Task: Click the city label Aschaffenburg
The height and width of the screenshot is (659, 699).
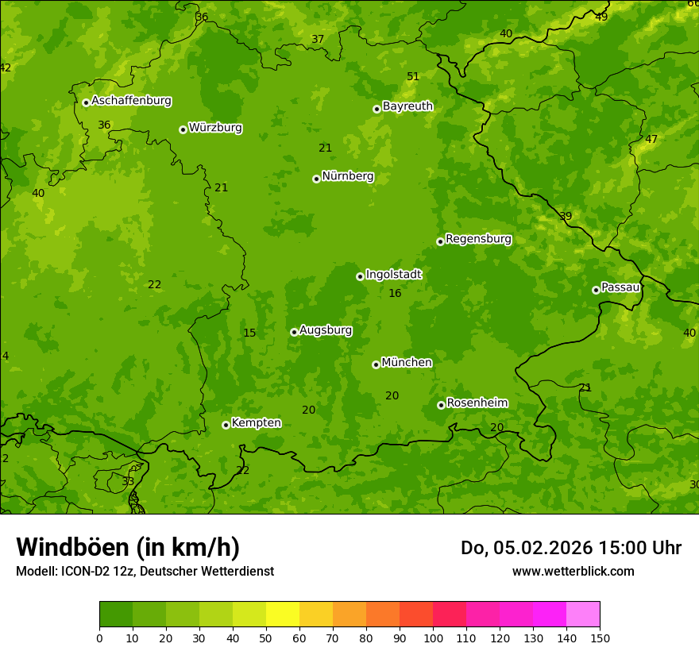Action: pos(131,101)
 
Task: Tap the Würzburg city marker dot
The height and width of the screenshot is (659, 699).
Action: pos(183,129)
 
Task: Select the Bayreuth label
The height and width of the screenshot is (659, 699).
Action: pos(407,106)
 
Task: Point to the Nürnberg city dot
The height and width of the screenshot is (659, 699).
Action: pos(316,179)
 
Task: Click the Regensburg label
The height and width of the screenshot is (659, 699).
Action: pos(478,239)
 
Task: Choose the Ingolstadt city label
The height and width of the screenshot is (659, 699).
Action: pos(393,275)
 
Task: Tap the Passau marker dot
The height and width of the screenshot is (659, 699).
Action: pos(596,290)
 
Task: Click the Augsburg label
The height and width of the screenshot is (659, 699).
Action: pos(326,330)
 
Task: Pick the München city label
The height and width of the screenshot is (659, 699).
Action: pos(407,363)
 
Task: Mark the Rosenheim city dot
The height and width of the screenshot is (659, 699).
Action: pos(441,405)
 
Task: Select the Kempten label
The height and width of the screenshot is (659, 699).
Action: pos(256,423)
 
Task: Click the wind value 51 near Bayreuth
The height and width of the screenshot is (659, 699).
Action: pos(413,77)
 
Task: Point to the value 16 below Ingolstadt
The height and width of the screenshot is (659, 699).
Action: pos(395,294)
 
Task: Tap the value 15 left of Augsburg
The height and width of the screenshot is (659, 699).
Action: pos(249,333)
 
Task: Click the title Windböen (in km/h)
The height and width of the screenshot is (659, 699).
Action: pos(128,547)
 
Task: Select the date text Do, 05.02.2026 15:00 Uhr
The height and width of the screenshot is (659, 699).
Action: pos(570,548)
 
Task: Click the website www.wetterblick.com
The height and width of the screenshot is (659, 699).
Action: pos(573,572)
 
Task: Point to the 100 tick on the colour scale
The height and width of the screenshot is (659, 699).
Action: pos(433,638)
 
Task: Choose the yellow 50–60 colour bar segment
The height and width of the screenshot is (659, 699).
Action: pos(283,615)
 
